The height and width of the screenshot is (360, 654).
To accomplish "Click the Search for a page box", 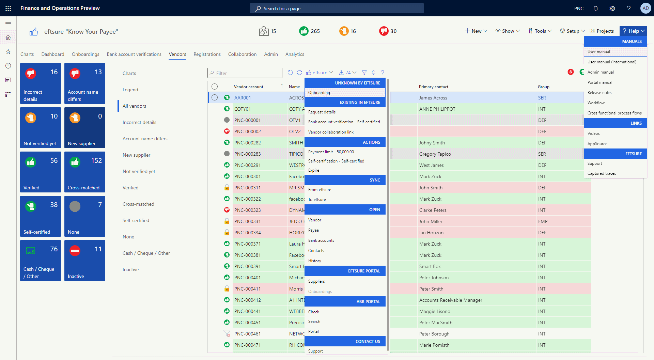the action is [x=337, y=9].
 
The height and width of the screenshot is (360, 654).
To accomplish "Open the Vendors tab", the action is [x=177, y=54].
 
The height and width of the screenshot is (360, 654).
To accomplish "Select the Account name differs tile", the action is [x=85, y=83].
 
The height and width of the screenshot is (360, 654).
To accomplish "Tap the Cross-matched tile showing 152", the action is [x=85, y=172].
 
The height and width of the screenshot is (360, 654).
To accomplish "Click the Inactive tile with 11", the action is [x=85, y=261].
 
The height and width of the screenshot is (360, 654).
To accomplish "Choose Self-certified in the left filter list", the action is [x=136, y=220].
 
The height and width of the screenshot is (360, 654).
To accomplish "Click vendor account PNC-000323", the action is [x=248, y=210].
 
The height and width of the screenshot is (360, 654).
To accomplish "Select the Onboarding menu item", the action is [x=319, y=93].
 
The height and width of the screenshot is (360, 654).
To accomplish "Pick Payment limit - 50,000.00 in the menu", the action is [x=331, y=152].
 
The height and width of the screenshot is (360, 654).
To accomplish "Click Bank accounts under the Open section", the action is [x=321, y=240].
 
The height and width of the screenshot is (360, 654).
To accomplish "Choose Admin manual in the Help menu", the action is [x=601, y=72].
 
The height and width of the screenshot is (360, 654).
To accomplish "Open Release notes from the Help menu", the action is [x=600, y=93].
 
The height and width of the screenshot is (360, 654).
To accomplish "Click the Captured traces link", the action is [x=602, y=173].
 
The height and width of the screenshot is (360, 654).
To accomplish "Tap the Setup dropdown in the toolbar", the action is [x=573, y=31].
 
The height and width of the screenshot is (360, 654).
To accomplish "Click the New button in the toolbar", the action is [x=476, y=31].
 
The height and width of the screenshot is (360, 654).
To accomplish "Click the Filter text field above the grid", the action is [x=245, y=73].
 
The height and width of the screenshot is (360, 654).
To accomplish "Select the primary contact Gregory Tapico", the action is [x=435, y=154].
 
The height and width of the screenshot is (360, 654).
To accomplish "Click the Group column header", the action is [x=544, y=87].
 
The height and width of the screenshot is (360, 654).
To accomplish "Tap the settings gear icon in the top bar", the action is [x=612, y=9].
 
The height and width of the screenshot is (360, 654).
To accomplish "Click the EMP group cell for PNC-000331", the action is [x=543, y=221].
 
